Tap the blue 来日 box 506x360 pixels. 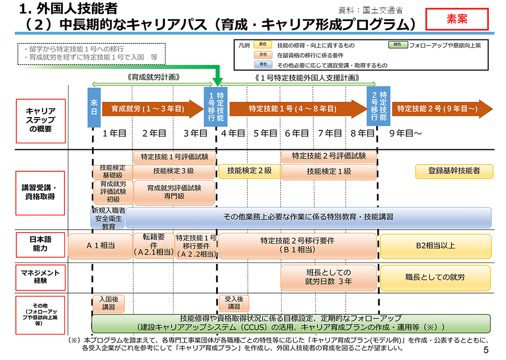tap(94, 107)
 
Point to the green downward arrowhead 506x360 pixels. tap(218, 81)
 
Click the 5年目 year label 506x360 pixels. tap(265, 133)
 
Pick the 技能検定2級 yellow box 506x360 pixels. tap(249, 171)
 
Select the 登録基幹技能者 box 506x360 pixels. tap(454, 171)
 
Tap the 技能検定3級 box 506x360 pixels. tap(174, 171)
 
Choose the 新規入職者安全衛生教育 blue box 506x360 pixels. tap(108, 218)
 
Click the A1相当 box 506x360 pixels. tap(100, 245)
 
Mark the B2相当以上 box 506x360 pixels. tap(435, 245)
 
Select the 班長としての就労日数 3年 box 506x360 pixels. tap(329, 277)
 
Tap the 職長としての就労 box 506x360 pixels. tap(435, 277)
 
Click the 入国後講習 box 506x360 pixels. tap(108, 303)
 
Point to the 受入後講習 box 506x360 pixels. tap(234, 303)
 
